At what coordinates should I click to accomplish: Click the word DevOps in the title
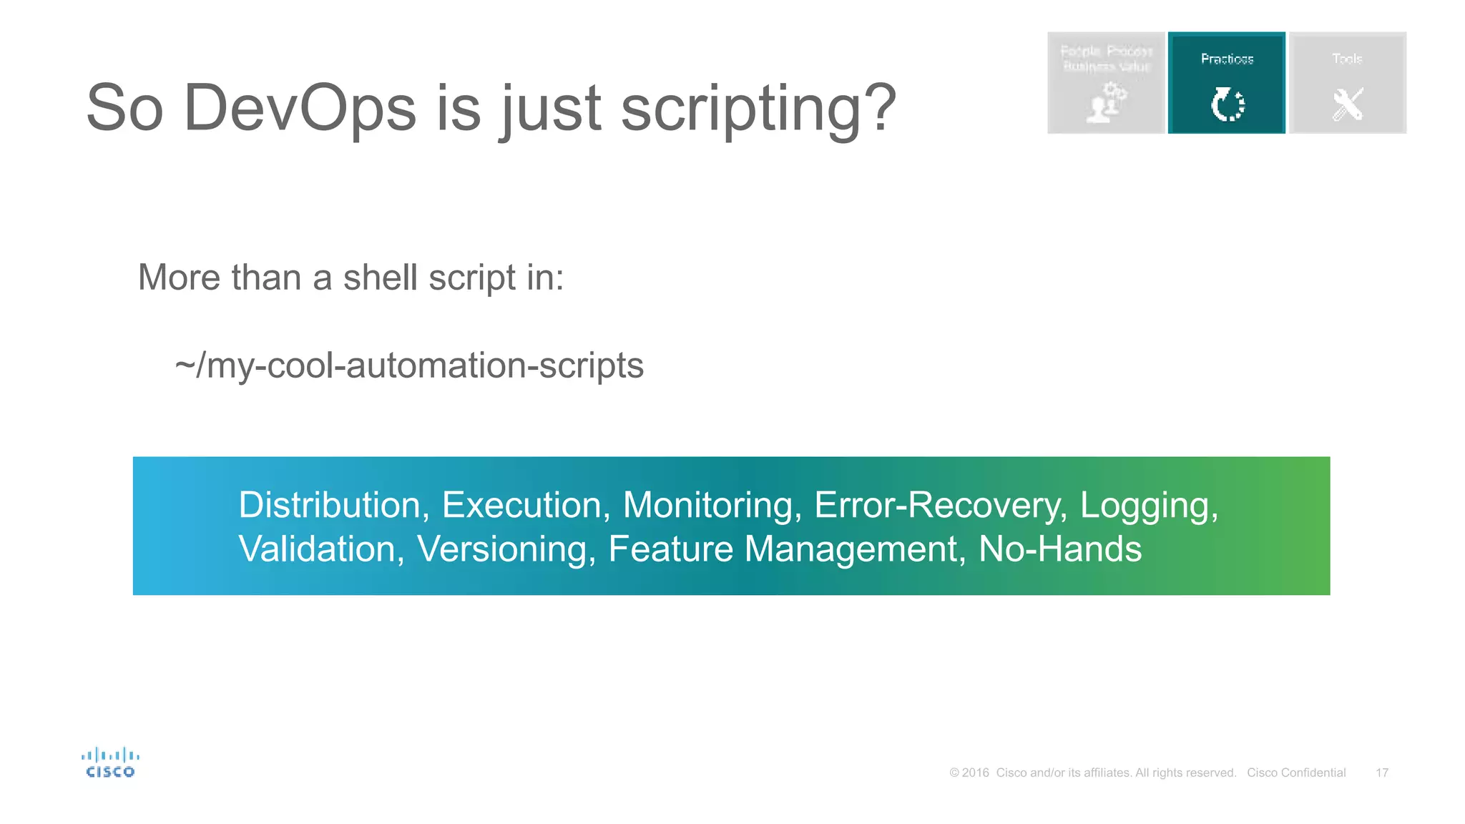(299, 109)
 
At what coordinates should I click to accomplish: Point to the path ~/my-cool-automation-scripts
(409, 366)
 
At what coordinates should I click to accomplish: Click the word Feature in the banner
(670, 549)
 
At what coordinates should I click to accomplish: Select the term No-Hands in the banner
(1059, 549)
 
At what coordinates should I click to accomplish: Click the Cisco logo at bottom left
(110, 762)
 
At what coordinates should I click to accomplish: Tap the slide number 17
(1381, 772)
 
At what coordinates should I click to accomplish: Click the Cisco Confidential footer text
(1295, 772)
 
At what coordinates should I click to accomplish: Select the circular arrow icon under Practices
(1227, 104)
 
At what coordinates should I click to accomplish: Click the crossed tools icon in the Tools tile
(1347, 104)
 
